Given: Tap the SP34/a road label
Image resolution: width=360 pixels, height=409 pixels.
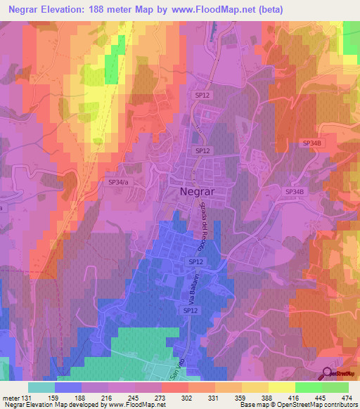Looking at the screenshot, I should (119, 182).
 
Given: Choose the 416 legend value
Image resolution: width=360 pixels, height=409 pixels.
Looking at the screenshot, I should (295, 397).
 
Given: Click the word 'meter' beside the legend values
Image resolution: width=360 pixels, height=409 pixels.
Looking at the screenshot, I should (10, 397).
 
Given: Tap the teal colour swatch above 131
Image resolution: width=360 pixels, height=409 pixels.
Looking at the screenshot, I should (41, 387).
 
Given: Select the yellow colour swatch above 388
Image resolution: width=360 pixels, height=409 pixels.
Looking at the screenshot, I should (255, 387).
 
